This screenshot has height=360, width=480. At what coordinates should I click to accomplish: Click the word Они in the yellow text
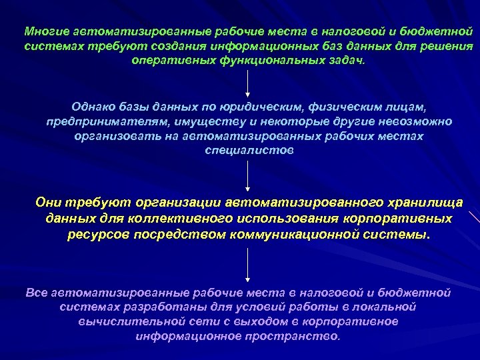(48, 203)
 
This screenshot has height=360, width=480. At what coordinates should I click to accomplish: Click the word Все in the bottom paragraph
(36, 292)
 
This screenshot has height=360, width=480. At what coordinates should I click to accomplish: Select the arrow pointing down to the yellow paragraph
(248, 176)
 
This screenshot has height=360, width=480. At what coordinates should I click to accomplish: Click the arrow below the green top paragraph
(248, 83)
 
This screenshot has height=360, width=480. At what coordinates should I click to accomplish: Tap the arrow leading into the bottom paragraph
(248, 264)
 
